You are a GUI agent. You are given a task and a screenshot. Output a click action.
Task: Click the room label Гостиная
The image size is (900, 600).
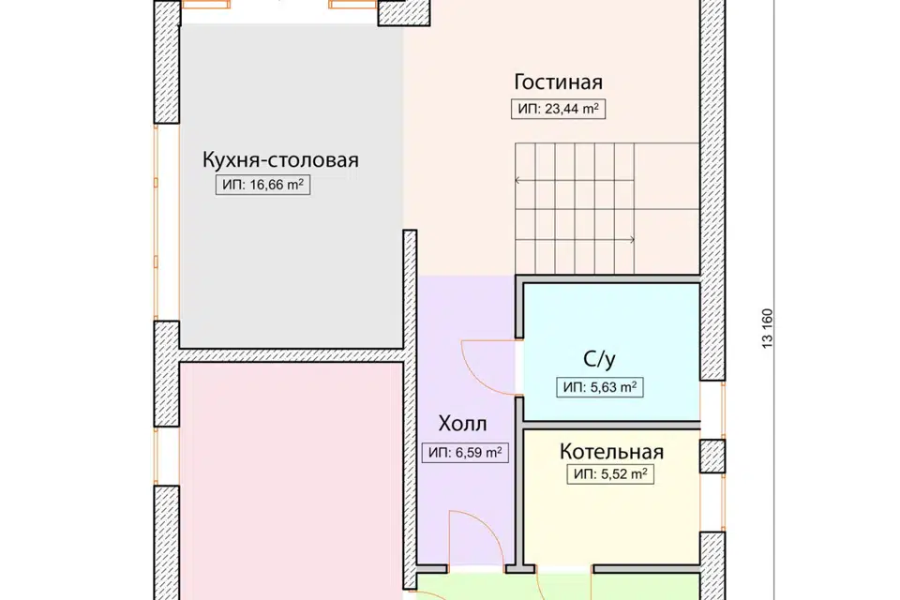558,81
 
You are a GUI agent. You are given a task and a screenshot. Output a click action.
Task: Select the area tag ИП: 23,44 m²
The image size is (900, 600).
558,110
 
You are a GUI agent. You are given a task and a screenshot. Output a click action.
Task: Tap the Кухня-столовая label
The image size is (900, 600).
280,159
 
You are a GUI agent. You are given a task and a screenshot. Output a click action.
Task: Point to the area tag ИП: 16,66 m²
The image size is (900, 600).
262,186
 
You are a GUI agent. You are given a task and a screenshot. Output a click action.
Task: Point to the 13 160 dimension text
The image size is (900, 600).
768,328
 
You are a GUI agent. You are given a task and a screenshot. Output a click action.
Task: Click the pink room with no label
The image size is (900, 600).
291,478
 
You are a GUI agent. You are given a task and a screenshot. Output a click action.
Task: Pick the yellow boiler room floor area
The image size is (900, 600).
609,525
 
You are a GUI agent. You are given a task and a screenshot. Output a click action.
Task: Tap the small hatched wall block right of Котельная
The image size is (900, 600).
712,457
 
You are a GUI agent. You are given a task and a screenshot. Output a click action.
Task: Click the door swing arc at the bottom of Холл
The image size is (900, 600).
473,539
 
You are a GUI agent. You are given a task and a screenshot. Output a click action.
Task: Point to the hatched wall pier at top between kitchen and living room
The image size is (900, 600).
403,12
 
